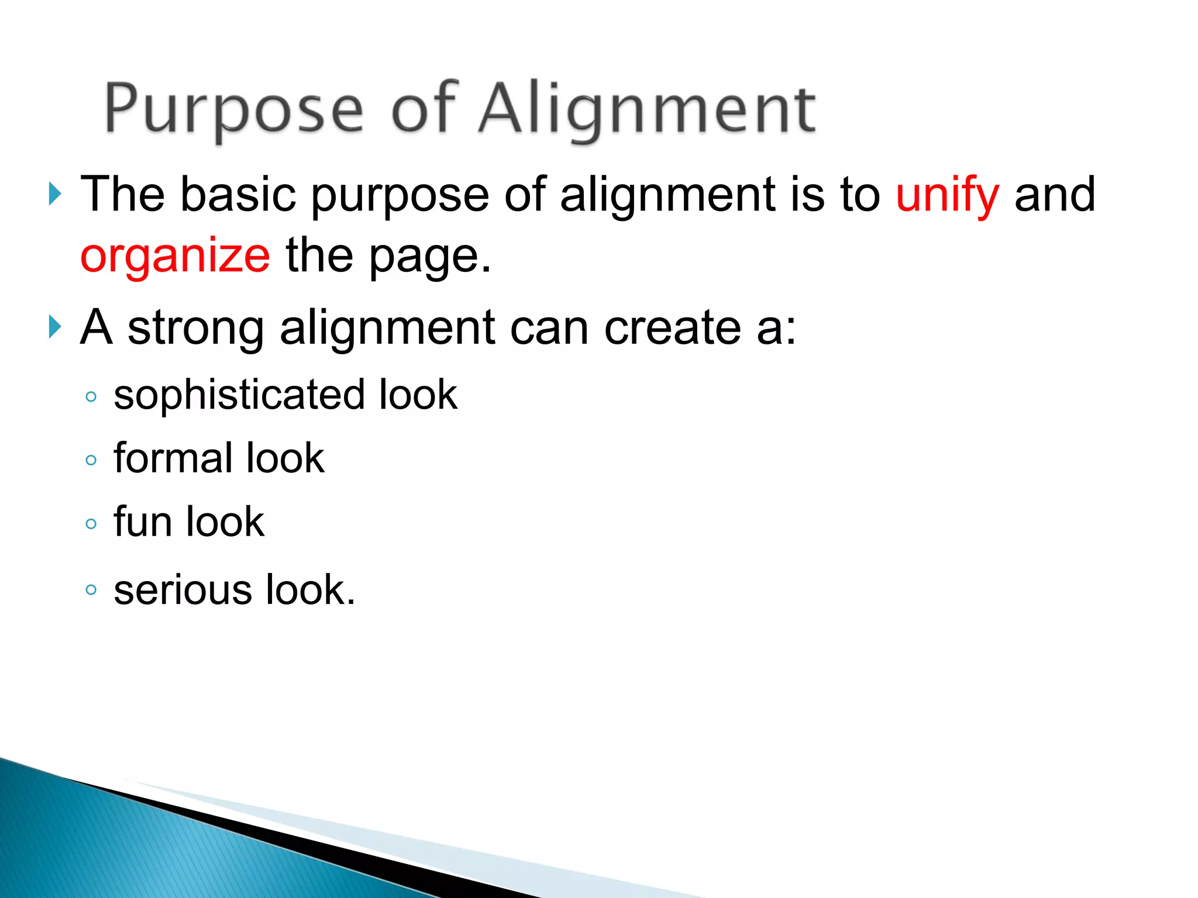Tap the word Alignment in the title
646,110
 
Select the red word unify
947,195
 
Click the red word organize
175,257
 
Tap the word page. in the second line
430,257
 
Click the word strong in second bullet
196,329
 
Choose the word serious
183,590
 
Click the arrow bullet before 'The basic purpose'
55,194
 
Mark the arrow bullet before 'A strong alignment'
55,327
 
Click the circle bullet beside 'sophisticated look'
91,397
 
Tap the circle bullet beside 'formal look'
91,460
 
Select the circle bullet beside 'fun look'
91,523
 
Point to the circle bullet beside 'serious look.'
91,589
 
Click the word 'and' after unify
1054,195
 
